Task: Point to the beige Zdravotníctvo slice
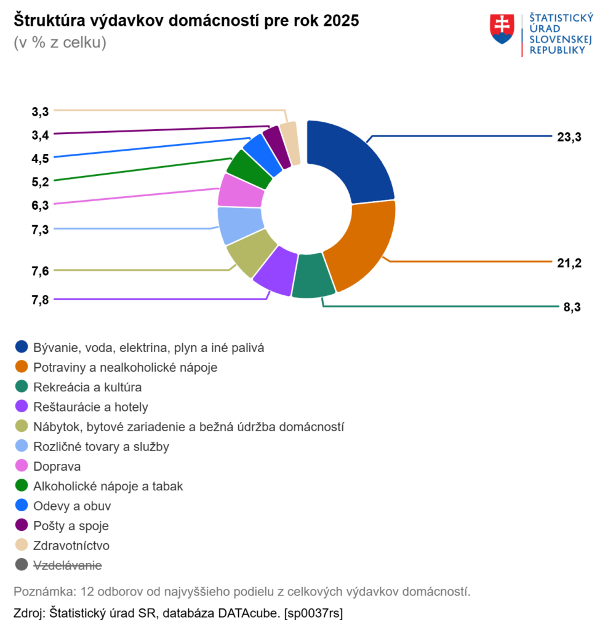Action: pyautogui.click(x=290, y=143)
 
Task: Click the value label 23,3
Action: pyautogui.click(x=569, y=137)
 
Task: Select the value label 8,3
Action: pyautogui.click(x=572, y=307)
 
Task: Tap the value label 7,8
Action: pyautogui.click(x=40, y=300)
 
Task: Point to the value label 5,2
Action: pyautogui.click(x=40, y=181)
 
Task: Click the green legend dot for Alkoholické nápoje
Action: pyautogui.click(x=22, y=486)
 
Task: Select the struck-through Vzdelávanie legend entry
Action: pyautogui.click(x=68, y=564)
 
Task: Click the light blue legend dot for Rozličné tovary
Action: pyautogui.click(x=22, y=447)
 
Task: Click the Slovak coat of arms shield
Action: pyautogui.click(x=502, y=30)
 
